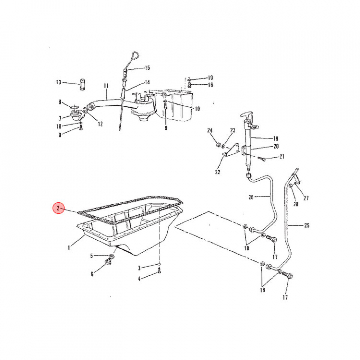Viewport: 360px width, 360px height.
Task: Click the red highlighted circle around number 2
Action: coord(59,209)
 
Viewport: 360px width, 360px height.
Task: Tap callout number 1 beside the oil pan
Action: coord(69,247)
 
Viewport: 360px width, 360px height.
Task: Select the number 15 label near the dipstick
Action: coord(147,68)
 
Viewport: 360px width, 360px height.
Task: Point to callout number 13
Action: coord(58,82)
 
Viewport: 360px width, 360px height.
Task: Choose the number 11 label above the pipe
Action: coord(106,86)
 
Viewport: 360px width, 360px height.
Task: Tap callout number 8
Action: coord(60,102)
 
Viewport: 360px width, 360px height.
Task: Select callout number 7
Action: coord(60,118)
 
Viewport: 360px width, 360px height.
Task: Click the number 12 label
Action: coord(100,124)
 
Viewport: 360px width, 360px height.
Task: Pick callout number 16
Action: coord(211,85)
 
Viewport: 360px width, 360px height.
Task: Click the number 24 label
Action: coord(210,131)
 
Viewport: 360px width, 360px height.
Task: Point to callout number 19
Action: coord(275,139)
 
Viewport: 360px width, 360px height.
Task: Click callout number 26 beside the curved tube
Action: coord(251,197)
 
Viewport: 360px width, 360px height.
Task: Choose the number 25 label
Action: coord(306,225)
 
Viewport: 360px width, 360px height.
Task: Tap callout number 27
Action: coord(306,198)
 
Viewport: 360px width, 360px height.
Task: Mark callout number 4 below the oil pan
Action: coord(139,278)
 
